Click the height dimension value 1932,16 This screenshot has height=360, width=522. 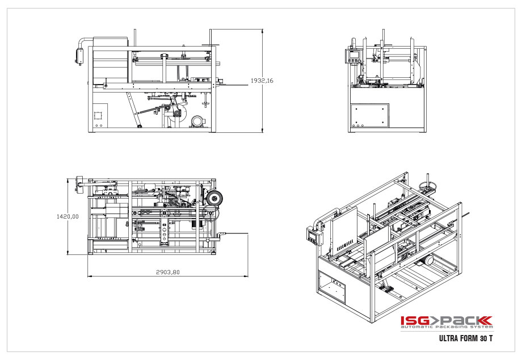pyautogui.click(x=262, y=81)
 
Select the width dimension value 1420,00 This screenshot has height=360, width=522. pyautogui.click(x=67, y=216)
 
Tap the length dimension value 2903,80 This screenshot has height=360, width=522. pyautogui.click(x=167, y=272)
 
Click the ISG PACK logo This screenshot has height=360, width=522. pyautogui.click(x=447, y=321)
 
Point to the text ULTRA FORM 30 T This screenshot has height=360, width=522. pyautogui.click(x=465, y=339)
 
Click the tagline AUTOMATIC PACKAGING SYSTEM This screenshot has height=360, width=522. pyautogui.click(x=447, y=328)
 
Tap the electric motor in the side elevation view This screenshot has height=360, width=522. pyautogui.click(x=198, y=122)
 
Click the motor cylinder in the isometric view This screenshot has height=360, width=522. pyautogui.click(x=429, y=261)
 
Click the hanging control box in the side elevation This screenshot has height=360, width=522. pyautogui.click(x=79, y=56)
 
